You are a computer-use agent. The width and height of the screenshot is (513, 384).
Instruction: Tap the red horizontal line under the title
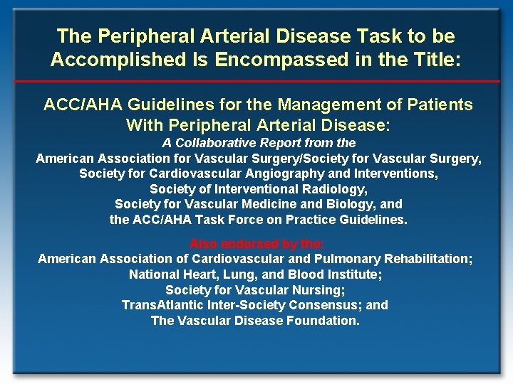click(256, 81)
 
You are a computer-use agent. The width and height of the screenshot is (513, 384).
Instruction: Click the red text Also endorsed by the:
click(256, 244)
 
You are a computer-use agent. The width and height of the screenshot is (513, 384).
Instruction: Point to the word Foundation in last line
click(324, 321)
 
